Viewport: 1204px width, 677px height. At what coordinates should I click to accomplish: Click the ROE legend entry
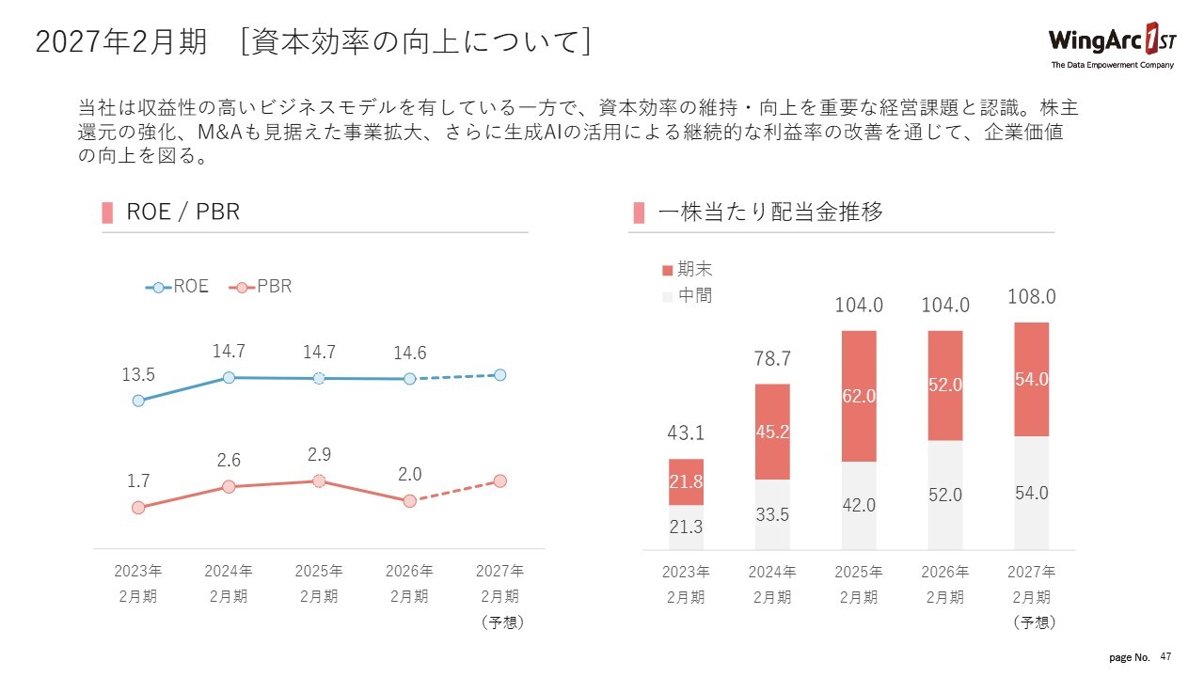click(178, 287)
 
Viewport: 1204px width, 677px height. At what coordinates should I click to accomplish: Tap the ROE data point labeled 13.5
click(138, 401)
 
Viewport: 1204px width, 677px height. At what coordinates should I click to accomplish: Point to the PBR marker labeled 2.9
click(319, 480)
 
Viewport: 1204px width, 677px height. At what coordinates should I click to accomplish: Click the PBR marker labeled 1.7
click(138, 508)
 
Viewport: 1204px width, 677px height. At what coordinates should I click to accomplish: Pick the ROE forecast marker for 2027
click(499, 375)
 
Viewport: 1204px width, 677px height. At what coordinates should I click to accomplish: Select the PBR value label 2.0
click(409, 475)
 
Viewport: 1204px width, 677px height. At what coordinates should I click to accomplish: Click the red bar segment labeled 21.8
click(686, 481)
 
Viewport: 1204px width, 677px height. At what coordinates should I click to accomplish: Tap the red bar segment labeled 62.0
click(859, 396)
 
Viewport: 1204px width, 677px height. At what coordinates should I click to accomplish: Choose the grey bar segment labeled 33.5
click(772, 515)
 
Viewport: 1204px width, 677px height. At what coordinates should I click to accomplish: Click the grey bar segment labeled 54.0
click(1032, 493)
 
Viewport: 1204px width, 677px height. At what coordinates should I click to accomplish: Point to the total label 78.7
click(772, 359)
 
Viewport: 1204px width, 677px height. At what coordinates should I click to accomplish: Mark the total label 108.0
click(1032, 297)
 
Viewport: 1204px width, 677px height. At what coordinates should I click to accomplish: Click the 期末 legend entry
click(688, 270)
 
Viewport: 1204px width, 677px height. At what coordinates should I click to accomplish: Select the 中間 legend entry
click(688, 295)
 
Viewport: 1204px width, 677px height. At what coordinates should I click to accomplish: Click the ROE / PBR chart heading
click(183, 213)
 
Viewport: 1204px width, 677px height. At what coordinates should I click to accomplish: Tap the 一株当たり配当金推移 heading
click(770, 213)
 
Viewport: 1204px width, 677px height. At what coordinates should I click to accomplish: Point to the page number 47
click(1166, 655)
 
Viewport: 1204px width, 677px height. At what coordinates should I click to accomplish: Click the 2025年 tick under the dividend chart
click(859, 572)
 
